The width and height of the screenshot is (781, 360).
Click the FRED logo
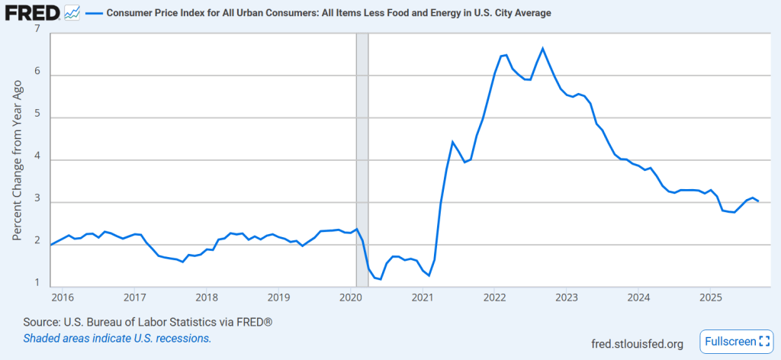33,13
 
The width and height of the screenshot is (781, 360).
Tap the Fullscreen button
735,341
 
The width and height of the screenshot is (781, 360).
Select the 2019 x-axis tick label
278,297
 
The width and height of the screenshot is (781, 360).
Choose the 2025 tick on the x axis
710,297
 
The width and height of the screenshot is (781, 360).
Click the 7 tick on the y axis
36,28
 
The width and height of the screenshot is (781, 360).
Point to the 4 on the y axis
36,160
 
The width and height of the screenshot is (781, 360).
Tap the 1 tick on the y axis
36,284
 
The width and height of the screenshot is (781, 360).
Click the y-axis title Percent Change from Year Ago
17,160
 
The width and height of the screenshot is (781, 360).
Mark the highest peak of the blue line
542,49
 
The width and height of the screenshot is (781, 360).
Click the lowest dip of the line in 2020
380,279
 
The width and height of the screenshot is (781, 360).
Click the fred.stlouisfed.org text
637,344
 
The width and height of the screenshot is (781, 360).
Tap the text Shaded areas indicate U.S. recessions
117,338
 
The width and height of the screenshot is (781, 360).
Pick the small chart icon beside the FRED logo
72,12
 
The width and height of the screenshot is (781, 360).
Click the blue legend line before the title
92,14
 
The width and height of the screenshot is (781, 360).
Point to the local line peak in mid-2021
453,142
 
